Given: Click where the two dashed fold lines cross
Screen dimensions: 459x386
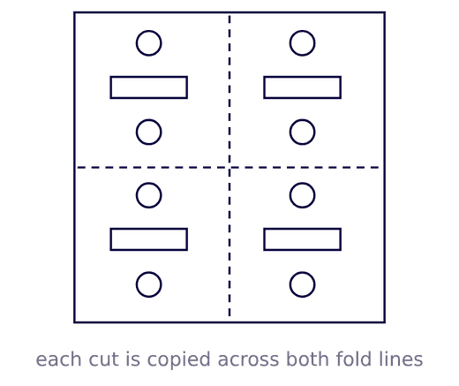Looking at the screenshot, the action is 229,168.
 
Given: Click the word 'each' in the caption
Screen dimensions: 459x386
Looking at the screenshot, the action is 58,360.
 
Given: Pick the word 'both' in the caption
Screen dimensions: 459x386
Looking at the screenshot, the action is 308,360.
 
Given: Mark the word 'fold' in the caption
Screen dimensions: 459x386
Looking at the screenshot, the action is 354,360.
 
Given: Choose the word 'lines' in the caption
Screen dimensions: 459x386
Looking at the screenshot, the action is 401,360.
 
